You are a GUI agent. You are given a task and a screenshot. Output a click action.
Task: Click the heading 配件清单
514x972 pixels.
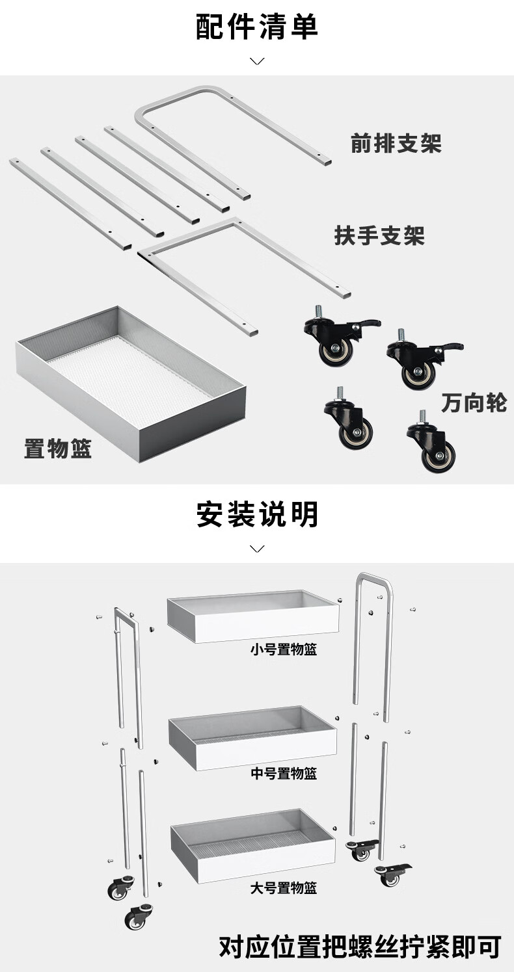click(257, 27)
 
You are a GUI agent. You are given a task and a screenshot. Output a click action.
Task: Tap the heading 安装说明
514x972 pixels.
click(257, 514)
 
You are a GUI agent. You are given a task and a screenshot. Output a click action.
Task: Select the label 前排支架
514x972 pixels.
click(396, 144)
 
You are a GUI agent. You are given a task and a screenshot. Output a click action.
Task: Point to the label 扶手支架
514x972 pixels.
click(379, 235)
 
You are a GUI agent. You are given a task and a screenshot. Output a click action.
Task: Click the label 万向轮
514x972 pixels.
click(474, 402)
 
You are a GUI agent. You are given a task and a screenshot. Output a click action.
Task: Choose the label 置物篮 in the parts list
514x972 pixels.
click(58, 449)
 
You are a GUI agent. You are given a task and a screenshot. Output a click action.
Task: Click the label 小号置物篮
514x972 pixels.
click(284, 649)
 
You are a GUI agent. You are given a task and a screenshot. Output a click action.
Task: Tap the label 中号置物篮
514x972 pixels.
click(284, 773)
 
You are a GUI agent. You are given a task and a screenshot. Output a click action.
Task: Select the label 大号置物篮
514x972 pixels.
click(284, 887)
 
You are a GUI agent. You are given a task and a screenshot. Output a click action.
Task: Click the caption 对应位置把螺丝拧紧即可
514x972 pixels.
click(360, 947)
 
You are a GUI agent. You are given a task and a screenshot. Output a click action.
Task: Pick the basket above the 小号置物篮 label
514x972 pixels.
click(253, 616)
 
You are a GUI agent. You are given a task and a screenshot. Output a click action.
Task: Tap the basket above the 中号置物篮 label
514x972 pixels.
click(253, 738)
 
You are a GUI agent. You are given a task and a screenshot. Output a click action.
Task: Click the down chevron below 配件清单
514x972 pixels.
click(257, 61)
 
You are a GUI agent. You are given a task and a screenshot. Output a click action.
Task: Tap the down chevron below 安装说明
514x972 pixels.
click(257, 549)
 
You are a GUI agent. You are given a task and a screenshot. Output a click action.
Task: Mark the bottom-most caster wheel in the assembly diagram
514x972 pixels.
click(136, 917)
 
